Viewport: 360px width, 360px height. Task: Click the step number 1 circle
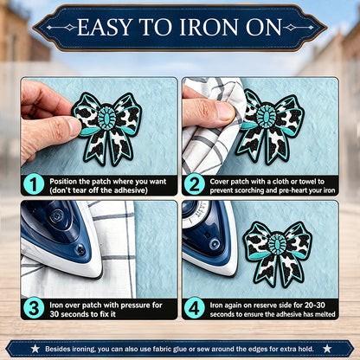[34, 185]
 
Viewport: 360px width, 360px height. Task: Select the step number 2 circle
[195, 185]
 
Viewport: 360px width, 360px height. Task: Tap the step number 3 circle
[34, 308]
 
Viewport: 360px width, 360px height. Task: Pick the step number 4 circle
[195, 308]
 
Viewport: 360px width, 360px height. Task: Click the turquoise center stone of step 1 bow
[106, 118]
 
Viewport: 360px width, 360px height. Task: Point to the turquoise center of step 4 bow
[278, 245]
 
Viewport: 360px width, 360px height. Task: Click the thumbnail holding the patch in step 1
[74, 127]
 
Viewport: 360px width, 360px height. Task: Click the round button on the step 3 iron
[80, 249]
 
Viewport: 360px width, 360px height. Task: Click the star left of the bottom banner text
[35, 349]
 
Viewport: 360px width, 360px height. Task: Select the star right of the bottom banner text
[327, 349]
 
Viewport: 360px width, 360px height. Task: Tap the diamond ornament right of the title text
[291, 28]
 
